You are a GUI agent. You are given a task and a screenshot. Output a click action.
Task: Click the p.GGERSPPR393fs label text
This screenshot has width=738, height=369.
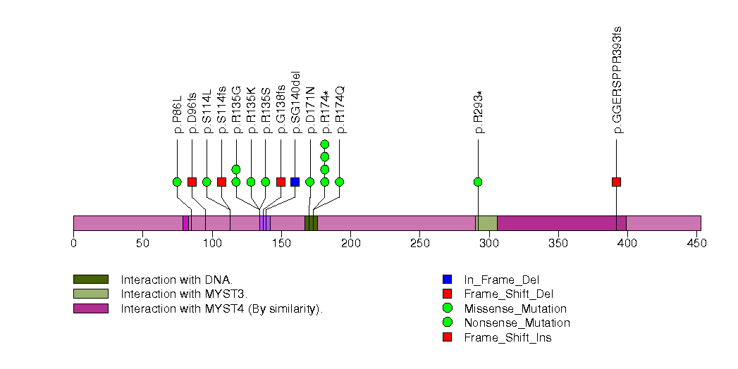(617, 80)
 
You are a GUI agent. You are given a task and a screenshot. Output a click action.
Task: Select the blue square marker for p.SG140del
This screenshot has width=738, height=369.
(295, 182)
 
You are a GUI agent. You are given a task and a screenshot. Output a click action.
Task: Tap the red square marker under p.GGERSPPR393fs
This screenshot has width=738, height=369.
(617, 182)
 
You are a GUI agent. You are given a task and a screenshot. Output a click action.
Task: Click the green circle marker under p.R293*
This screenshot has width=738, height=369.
(479, 182)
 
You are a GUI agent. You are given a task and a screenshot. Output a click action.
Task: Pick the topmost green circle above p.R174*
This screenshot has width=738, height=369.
(325, 144)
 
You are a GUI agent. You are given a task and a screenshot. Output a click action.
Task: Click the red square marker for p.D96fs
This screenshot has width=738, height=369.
(192, 182)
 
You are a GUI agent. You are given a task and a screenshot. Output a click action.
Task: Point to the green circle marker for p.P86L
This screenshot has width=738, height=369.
(177, 182)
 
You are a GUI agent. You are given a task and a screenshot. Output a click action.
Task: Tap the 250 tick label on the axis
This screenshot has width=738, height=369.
(419, 244)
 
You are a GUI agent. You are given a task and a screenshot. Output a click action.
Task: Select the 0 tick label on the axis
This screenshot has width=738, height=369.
(73, 244)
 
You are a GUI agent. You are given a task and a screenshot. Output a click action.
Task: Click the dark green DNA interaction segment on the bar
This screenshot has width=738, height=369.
(311, 223)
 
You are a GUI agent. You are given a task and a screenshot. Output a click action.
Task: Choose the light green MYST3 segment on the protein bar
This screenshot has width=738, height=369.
(486, 223)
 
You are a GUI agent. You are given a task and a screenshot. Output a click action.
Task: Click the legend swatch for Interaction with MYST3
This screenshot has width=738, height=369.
(90, 294)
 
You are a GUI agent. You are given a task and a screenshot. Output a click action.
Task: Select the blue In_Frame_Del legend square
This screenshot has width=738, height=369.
(447, 280)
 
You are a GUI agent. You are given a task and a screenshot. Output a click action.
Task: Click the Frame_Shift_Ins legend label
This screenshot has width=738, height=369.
(508, 337)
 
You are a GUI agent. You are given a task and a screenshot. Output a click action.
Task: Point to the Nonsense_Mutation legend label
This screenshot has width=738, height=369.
(517, 323)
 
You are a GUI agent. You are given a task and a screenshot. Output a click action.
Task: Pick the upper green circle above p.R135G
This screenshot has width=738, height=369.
(236, 169)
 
